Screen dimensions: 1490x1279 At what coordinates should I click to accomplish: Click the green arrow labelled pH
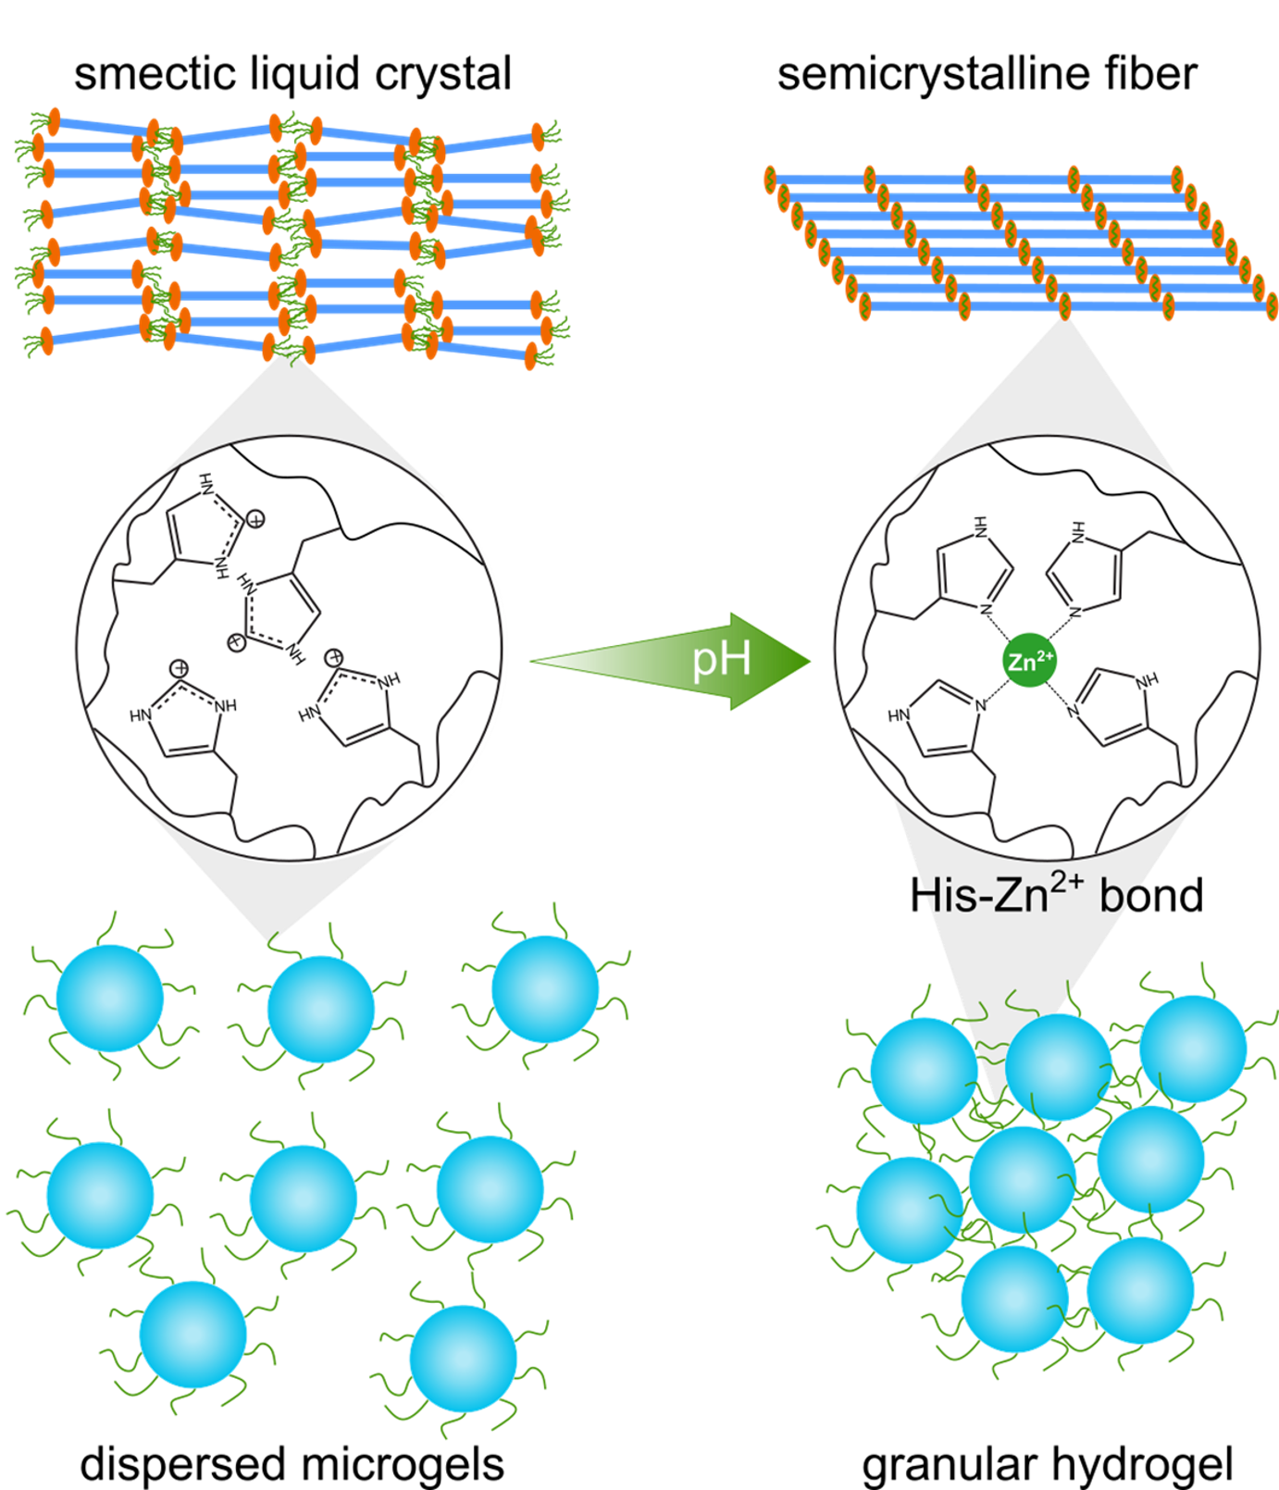point(648,661)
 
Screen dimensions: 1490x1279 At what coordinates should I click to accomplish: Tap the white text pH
point(721,660)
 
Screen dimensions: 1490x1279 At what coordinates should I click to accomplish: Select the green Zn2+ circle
point(1029,661)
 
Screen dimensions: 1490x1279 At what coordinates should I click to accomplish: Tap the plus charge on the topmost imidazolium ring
point(255,519)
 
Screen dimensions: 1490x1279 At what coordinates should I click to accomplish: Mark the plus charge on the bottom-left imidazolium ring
point(180,667)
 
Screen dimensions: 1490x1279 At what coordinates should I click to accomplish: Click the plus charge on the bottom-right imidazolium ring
point(334,658)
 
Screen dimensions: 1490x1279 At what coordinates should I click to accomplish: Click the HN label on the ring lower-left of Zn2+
point(899,715)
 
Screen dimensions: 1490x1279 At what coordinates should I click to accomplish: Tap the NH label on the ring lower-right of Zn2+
point(1146,680)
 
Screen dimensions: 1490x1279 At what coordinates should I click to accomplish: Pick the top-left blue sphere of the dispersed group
point(110,998)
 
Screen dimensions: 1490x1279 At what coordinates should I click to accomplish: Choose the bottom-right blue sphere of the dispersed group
point(463,1358)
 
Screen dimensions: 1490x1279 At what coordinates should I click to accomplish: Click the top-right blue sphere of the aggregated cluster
point(1193,1049)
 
